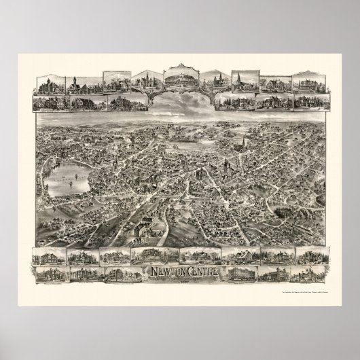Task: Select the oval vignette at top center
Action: point(181,81)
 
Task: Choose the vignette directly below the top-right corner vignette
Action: point(310,101)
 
